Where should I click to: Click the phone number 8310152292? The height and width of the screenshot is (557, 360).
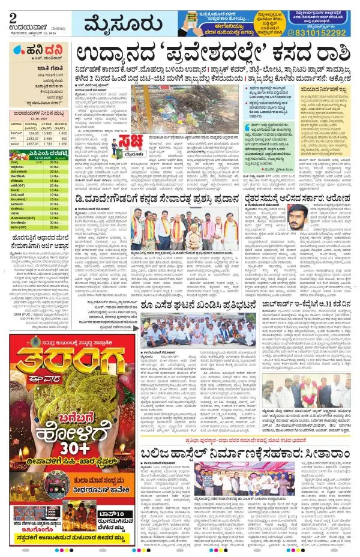322,33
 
